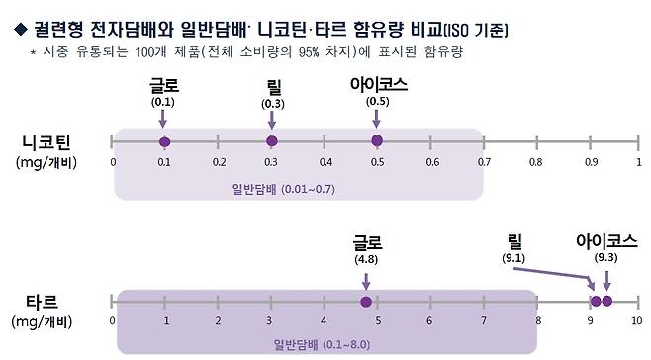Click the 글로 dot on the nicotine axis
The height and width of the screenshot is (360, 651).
point(164,141)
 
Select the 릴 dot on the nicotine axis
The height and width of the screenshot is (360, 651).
point(272,141)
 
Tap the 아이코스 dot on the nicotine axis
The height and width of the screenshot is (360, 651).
point(376,140)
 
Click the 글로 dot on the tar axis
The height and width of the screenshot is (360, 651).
point(366,302)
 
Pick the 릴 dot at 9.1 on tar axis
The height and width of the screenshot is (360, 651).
point(595,301)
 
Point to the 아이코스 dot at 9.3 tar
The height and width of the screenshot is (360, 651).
point(606,301)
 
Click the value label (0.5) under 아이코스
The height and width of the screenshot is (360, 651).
point(376,102)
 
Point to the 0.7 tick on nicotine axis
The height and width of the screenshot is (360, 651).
point(482,161)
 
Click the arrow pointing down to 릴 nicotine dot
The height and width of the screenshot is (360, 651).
point(272,121)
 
